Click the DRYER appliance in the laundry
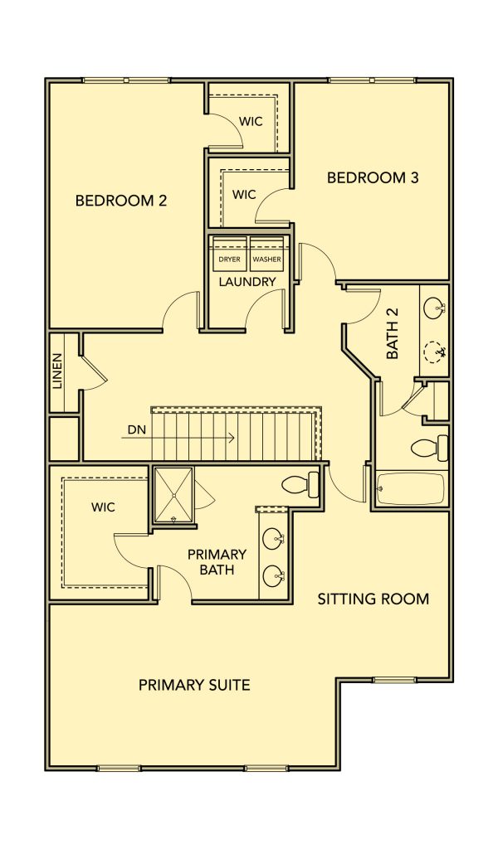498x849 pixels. click(229, 254)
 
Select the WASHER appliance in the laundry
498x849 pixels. click(266, 254)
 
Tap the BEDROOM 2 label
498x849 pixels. click(121, 201)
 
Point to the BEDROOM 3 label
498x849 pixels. click(373, 177)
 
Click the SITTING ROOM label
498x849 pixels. click(373, 599)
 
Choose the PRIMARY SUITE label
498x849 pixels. click(194, 685)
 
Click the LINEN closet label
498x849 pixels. click(57, 372)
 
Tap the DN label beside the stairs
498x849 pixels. click(137, 429)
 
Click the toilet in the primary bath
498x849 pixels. click(300, 484)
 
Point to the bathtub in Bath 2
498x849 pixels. click(410, 489)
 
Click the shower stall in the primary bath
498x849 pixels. click(173, 495)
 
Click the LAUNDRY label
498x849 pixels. click(247, 282)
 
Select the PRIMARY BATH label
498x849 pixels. click(217, 562)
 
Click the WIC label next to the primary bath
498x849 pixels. click(103, 507)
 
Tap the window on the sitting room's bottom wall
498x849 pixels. click(394, 680)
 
